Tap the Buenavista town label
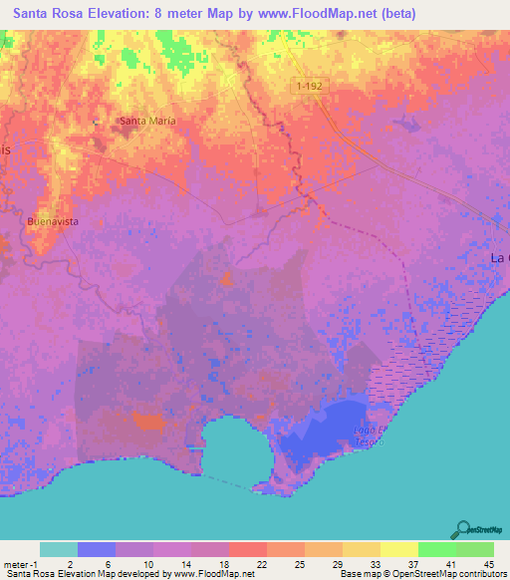(53, 221)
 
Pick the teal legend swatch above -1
(59, 549)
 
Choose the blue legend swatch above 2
(97, 549)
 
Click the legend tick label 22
(248, 563)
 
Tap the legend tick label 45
(475, 563)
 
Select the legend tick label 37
(399, 563)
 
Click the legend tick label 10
(134, 563)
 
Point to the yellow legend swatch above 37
(398, 549)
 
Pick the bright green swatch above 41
(436, 549)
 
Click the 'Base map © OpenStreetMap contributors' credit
(421, 574)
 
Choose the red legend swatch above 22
(248, 549)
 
